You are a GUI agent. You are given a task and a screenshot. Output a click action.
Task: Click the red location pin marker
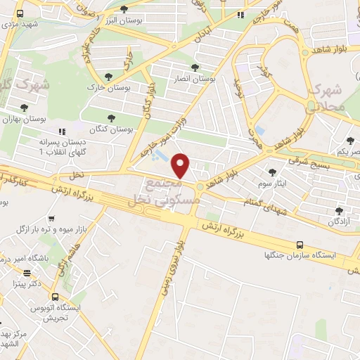tap(181, 166)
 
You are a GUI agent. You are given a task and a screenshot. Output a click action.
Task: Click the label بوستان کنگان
tap(111, 130)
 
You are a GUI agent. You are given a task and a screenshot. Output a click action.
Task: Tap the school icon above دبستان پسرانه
tap(62, 131)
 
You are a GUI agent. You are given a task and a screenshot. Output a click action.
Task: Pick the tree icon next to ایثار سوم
tap(272, 172)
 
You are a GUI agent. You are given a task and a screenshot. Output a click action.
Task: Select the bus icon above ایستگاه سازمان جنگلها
tap(300, 245)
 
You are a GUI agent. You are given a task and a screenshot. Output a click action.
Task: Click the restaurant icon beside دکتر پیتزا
tap(27, 273)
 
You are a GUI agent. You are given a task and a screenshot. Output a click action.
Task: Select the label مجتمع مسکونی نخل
tap(166, 192)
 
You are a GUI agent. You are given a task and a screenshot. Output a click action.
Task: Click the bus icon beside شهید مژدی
tap(19, 13)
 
